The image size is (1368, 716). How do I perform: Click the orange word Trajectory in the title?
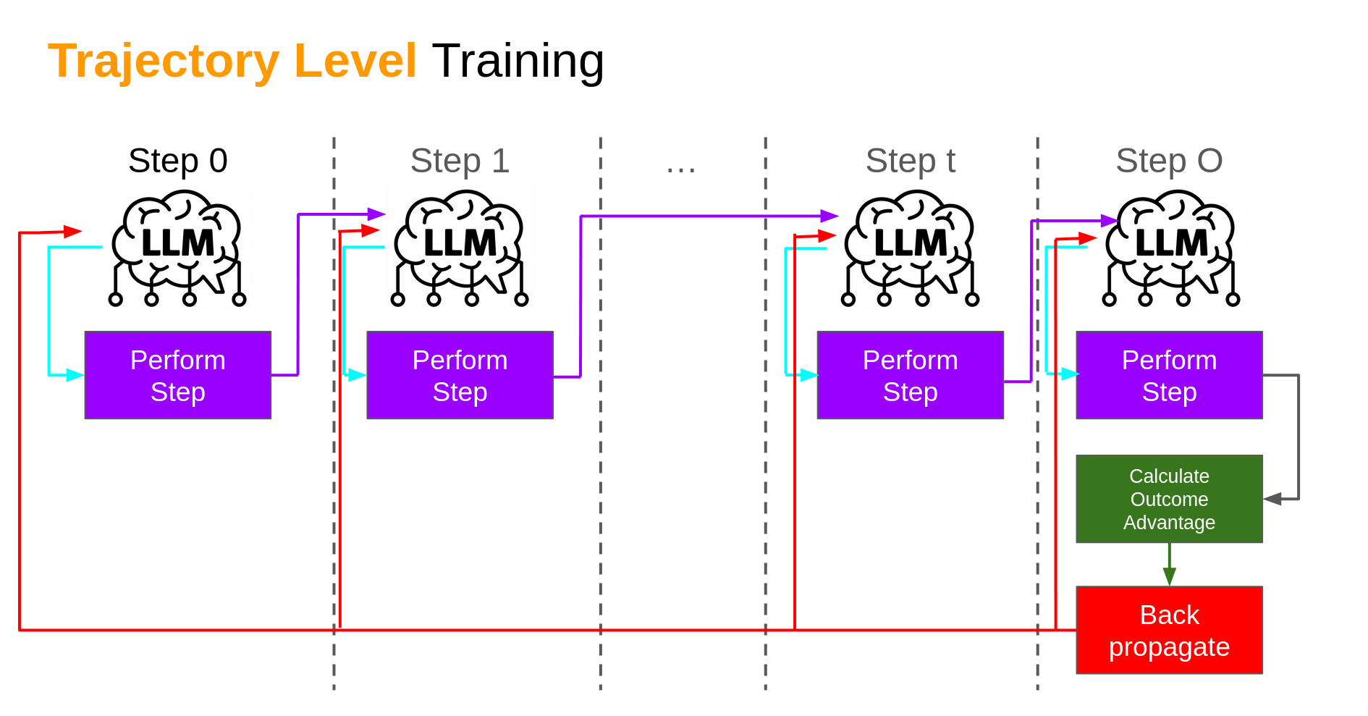click(163, 61)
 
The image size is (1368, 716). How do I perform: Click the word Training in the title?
click(518, 61)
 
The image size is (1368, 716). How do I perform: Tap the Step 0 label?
click(177, 161)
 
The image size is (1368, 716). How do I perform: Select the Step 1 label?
click(460, 161)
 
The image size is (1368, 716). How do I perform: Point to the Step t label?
click(910, 161)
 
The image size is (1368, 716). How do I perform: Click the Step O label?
click(1169, 161)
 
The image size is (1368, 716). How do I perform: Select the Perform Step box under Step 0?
click(177, 375)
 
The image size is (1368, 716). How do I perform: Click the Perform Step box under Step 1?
click(460, 375)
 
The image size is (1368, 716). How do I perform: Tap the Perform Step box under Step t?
click(910, 375)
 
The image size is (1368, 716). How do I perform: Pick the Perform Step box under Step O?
click(1169, 375)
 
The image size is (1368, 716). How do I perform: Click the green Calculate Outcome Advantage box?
click(1169, 499)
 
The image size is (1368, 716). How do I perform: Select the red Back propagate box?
click(1169, 630)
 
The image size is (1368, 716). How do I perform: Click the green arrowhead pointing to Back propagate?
click(1169, 577)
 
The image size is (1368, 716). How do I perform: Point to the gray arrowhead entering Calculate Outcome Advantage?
click(1272, 499)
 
